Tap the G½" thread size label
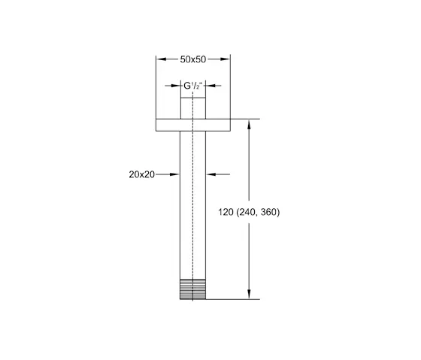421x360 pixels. [x=192, y=86]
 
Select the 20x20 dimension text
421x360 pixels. [x=141, y=174]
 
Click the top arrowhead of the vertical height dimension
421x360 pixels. [x=249, y=123]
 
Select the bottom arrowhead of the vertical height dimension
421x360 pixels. [x=249, y=295]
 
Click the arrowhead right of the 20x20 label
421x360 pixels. [x=176, y=174]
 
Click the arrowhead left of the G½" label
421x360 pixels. [x=177, y=86]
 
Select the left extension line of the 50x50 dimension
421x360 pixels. [x=156, y=83]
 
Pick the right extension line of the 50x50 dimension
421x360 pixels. [x=230, y=83]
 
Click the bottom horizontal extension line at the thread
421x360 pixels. [x=233, y=299]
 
